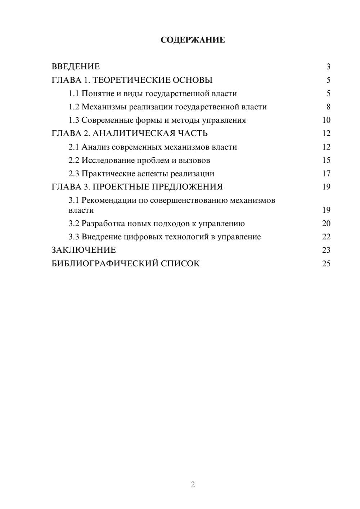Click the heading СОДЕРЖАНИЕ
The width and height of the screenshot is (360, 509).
point(193,40)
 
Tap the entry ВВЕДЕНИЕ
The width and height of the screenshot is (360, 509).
point(76,67)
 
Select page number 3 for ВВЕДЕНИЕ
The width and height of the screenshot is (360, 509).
point(328,67)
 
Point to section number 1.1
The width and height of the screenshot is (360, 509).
point(74,94)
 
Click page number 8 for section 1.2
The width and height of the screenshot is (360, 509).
point(328,107)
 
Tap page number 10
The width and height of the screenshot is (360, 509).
point(326,120)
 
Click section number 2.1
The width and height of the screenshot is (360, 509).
point(74,147)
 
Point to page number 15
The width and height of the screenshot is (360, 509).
point(326,161)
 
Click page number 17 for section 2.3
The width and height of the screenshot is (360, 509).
point(326,174)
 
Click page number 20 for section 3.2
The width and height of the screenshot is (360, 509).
point(326,224)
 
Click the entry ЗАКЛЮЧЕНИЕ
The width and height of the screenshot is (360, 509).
point(84,250)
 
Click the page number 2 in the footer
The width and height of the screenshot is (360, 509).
point(193,485)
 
